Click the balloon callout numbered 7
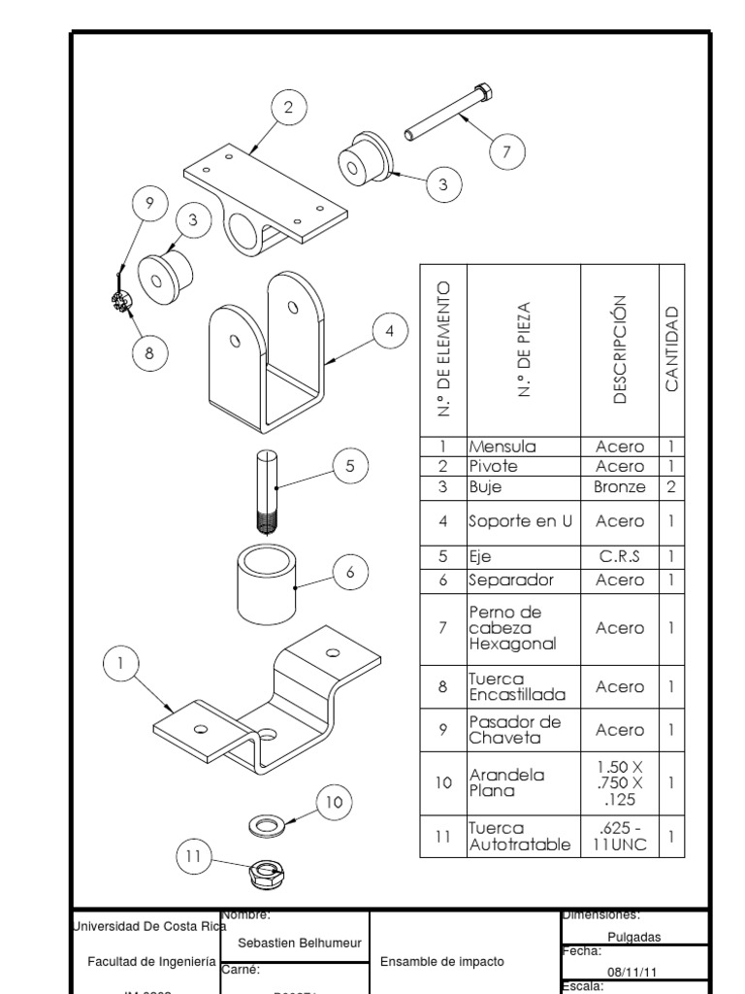tap(506, 151)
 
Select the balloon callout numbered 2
tap(288, 108)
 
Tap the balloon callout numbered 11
tap(193, 856)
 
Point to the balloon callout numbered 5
tap(350, 466)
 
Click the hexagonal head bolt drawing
tap(449, 115)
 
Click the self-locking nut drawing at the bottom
tap(264, 874)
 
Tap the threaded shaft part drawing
tap(269, 490)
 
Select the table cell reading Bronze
tap(619, 486)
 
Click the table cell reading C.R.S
tap(619, 557)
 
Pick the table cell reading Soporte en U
tap(521, 521)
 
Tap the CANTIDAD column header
tap(671, 349)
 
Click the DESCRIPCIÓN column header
tap(619, 349)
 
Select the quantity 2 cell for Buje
tap(671, 486)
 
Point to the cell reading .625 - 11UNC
tap(619, 836)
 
